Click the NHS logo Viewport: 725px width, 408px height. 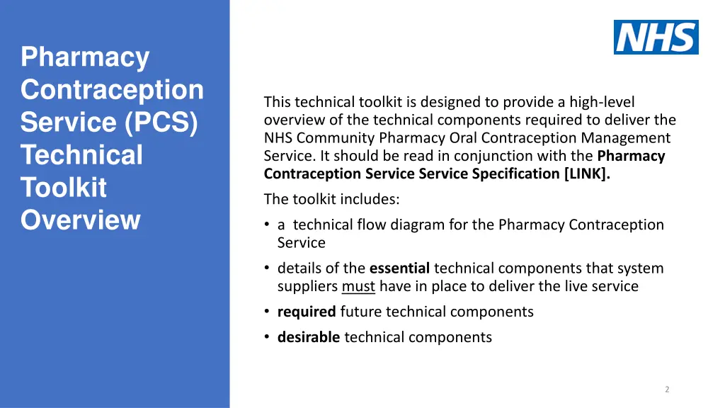656,37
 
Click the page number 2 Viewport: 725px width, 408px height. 667,389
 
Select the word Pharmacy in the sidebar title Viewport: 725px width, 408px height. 85,57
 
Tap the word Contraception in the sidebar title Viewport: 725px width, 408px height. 112,89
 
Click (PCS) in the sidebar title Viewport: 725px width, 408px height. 161,122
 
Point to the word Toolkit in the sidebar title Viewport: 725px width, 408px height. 64,188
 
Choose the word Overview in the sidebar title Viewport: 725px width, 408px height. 81,220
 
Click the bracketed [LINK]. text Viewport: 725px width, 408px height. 587,174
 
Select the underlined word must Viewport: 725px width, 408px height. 358,286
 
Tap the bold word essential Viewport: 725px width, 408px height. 399,268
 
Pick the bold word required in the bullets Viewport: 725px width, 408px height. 307,312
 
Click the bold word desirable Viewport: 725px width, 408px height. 309,337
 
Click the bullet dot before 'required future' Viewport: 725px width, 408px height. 266,312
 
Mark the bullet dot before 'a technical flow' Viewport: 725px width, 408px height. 266,225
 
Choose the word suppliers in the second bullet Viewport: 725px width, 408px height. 307,286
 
